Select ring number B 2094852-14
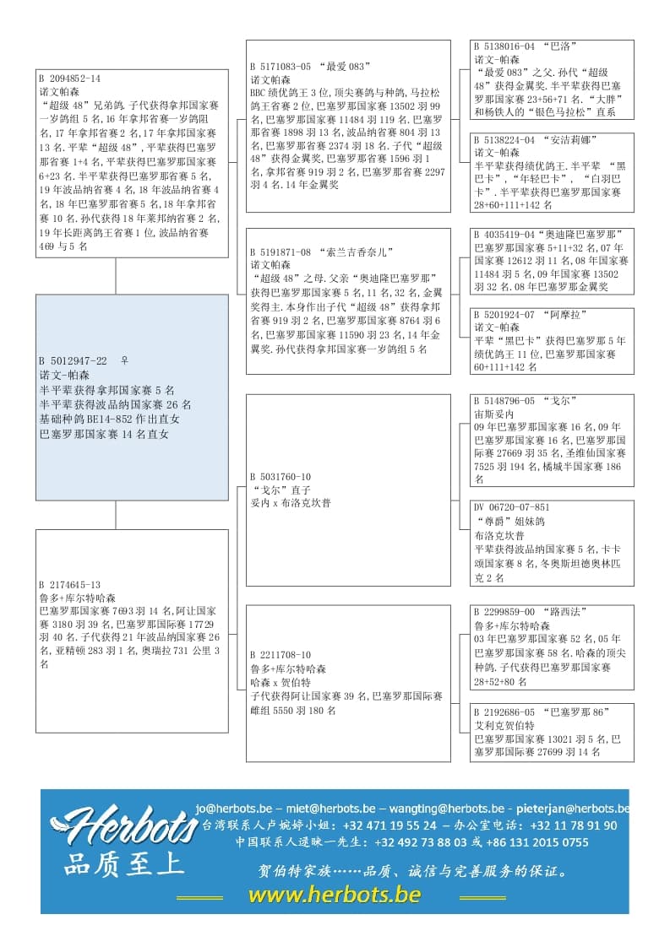point(69,78)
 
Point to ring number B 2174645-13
point(69,584)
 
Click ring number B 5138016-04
point(504,47)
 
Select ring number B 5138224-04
point(504,139)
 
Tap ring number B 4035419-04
point(504,234)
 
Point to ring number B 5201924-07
point(504,315)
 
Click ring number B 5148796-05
point(504,400)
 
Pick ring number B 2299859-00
point(504,611)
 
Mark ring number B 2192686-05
point(504,712)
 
